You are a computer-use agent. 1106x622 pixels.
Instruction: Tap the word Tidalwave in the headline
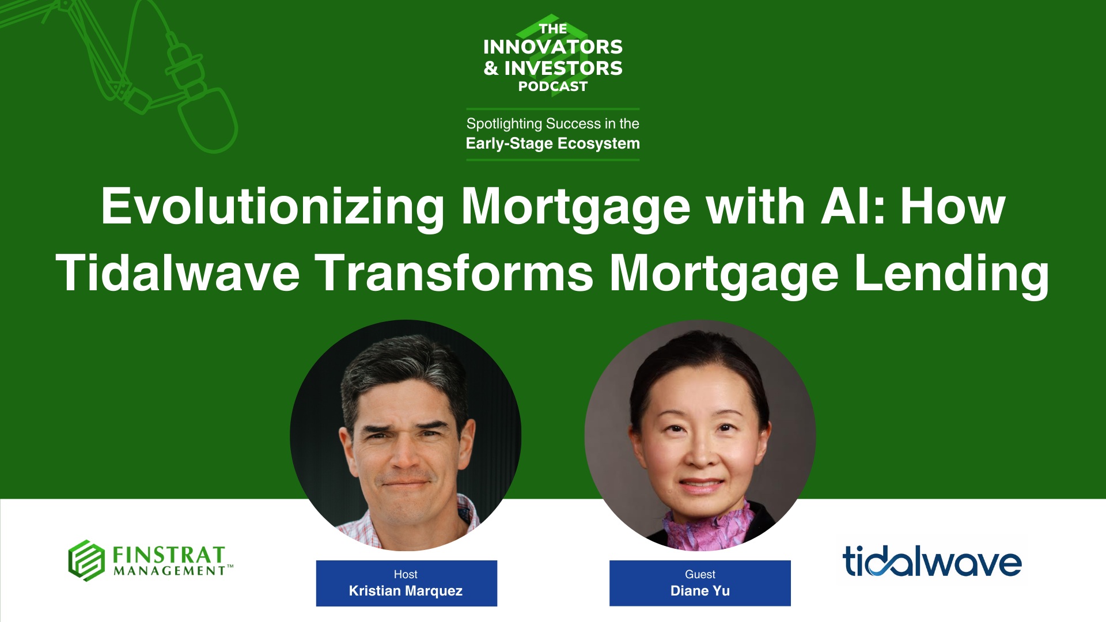(x=177, y=274)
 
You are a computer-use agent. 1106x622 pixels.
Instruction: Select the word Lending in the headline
(x=951, y=274)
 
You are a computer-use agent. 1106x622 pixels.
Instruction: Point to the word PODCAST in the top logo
(x=552, y=86)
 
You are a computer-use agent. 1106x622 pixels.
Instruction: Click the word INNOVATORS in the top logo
(x=552, y=47)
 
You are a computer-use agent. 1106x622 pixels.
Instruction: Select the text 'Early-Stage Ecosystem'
(x=552, y=143)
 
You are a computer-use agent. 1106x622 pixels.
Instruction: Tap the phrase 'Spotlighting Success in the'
(x=552, y=124)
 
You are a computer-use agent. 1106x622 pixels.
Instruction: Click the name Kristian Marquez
(x=406, y=591)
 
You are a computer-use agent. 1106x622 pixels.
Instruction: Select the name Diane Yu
(x=700, y=591)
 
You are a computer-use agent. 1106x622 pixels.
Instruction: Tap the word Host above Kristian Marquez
(x=406, y=574)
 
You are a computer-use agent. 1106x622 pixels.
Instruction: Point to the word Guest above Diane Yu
(x=700, y=574)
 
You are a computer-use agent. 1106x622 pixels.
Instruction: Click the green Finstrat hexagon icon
(x=86, y=560)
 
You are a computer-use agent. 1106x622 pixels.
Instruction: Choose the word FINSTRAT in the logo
(x=168, y=555)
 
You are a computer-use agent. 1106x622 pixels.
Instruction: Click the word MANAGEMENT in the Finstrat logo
(x=169, y=571)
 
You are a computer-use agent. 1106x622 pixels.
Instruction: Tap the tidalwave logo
(x=931, y=562)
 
